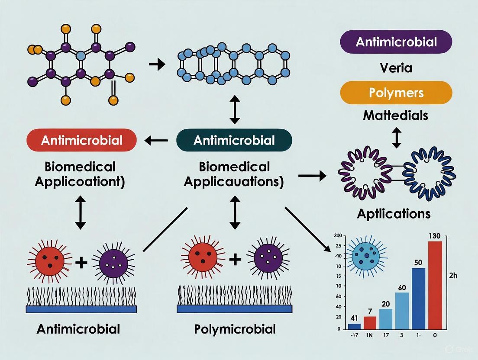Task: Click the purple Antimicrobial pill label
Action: (x=396, y=42)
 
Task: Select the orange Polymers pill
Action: (x=396, y=93)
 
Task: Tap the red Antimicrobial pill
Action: (x=82, y=140)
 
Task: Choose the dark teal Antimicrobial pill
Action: (x=234, y=140)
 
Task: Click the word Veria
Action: (x=396, y=67)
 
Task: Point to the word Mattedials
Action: (x=396, y=116)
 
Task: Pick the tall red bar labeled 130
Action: (x=435, y=285)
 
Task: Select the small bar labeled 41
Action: (x=354, y=326)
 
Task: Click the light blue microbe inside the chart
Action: (x=365, y=254)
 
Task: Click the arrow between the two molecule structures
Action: (x=157, y=65)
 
